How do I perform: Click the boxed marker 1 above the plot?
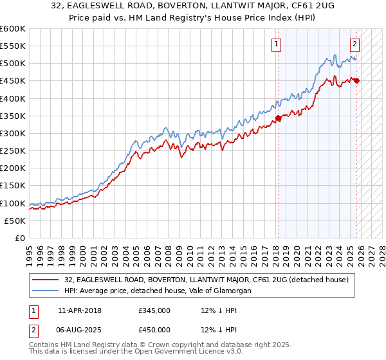click(x=276, y=44)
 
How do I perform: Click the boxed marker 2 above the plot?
click(x=354, y=44)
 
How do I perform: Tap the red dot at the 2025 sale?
click(x=357, y=80)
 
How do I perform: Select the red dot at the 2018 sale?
click(x=279, y=118)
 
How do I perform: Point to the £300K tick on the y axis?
click(x=13, y=133)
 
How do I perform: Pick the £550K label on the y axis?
click(x=13, y=46)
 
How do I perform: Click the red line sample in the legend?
click(x=47, y=280)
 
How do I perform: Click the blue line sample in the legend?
click(x=47, y=291)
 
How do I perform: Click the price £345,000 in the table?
click(x=154, y=310)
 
